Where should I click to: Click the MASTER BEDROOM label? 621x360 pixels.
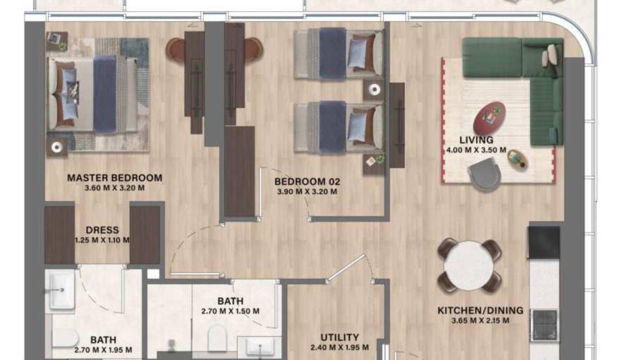tap(114, 178)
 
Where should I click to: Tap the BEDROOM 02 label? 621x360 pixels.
tap(307, 182)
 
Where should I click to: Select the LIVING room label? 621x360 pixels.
tap(476, 140)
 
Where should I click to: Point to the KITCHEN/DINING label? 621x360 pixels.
tap(480, 311)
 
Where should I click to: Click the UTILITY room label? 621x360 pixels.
tap(339, 337)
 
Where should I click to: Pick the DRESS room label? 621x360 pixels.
tap(102, 230)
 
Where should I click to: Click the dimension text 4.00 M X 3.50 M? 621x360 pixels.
tap(476, 150)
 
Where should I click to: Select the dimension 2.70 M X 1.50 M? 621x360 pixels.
tap(230, 311)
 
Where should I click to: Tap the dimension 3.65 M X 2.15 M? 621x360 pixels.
tap(481, 320)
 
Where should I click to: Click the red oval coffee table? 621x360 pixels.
tap(490, 118)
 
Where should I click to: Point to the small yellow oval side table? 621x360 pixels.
tap(518, 160)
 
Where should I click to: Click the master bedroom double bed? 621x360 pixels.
tap(98, 95)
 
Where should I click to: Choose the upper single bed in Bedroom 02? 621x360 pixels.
tap(339, 53)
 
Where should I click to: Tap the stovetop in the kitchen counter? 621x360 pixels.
tap(544, 325)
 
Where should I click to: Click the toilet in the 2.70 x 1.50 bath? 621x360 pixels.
tap(217, 337)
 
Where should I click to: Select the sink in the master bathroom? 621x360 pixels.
tap(61, 290)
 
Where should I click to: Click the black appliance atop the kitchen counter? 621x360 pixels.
tap(544, 242)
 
